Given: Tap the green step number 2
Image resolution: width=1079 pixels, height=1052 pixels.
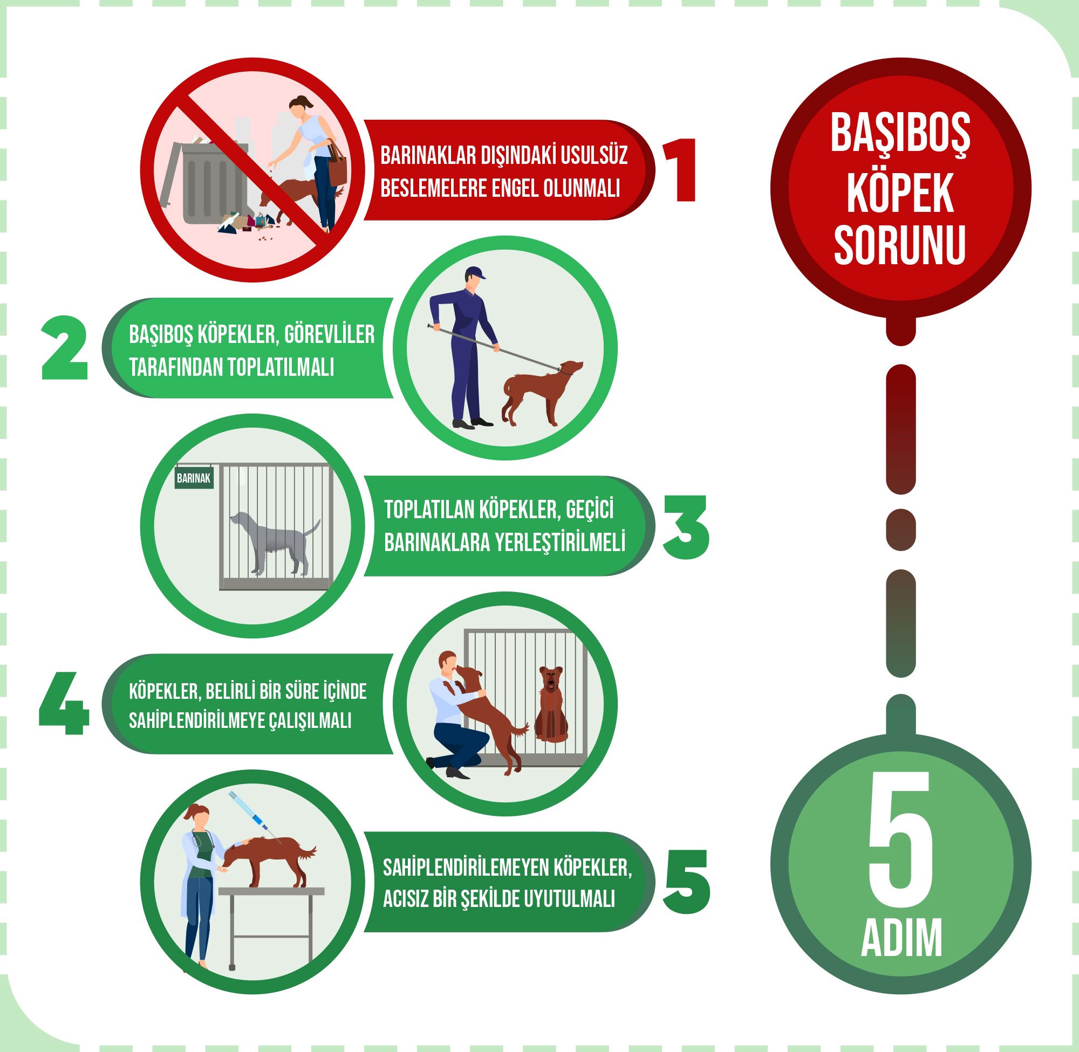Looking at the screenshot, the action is pyautogui.click(x=65, y=348).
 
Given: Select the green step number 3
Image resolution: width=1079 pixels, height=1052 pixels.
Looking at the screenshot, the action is pyautogui.click(x=685, y=527).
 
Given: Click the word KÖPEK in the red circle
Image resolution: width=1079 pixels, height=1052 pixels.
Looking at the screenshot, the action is pyautogui.click(x=900, y=193).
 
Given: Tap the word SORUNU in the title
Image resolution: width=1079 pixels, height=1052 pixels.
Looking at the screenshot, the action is pyautogui.click(x=900, y=244).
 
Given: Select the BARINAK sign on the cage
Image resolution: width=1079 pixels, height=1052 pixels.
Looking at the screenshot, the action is pyautogui.click(x=194, y=478).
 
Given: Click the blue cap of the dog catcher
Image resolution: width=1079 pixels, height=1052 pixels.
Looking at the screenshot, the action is pyautogui.click(x=475, y=272).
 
